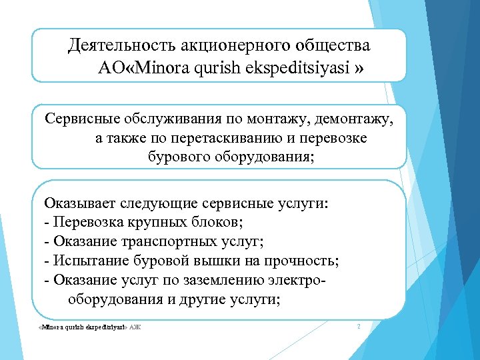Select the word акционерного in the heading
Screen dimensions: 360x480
click(x=234, y=46)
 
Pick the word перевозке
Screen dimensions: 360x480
click(x=337, y=138)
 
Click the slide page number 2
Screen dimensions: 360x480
click(x=359, y=326)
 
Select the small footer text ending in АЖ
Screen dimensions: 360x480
click(x=91, y=327)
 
